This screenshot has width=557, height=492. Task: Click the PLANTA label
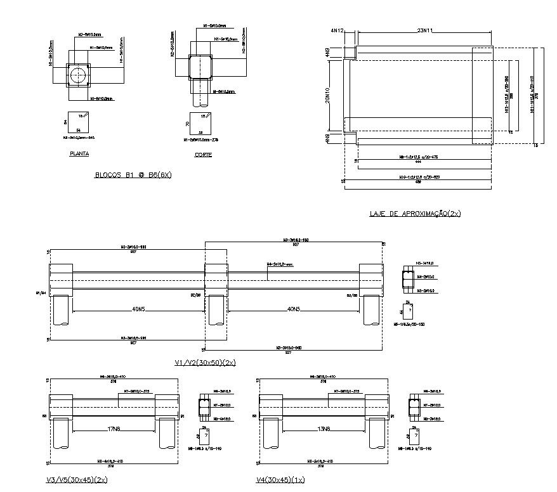tap(79, 153)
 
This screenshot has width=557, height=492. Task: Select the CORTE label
tap(203, 154)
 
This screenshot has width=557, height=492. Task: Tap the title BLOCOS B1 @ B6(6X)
tap(133, 175)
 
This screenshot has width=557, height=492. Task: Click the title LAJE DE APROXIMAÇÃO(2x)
tap(415, 213)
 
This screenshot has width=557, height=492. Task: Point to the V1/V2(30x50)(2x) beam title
tap(205, 362)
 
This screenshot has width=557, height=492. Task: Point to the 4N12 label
tap(336, 30)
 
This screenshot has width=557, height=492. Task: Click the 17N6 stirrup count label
tap(114, 429)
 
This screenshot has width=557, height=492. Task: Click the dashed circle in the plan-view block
tap(78, 75)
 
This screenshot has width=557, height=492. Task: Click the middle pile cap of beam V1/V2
tap(216, 279)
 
